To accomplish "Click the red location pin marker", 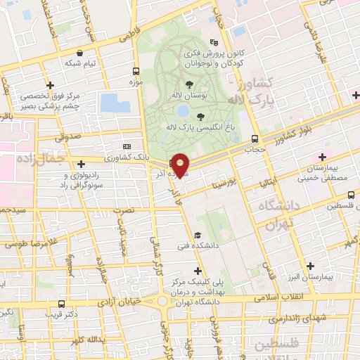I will click(x=181, y=165).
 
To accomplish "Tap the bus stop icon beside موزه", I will click(x=136, y=71).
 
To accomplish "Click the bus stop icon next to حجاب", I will click(x=255, y=139).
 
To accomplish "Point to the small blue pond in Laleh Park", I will click(x=182, y=111).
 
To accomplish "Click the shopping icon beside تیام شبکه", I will click(x=79, y=53).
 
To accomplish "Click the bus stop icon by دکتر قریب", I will click(x=63, y=304).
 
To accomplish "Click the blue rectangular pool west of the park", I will click(x=115, y=103).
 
